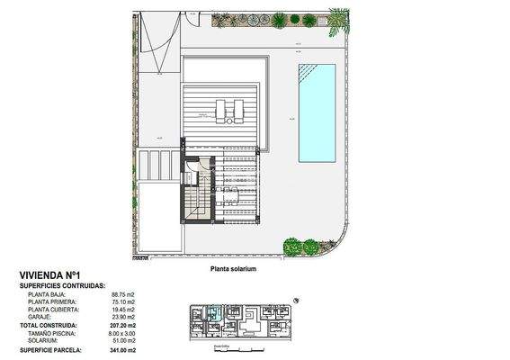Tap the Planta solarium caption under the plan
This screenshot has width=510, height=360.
point(234,269)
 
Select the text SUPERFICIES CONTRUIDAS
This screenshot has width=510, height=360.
point(62,284)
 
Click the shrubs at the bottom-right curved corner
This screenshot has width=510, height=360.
point(301,245)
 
